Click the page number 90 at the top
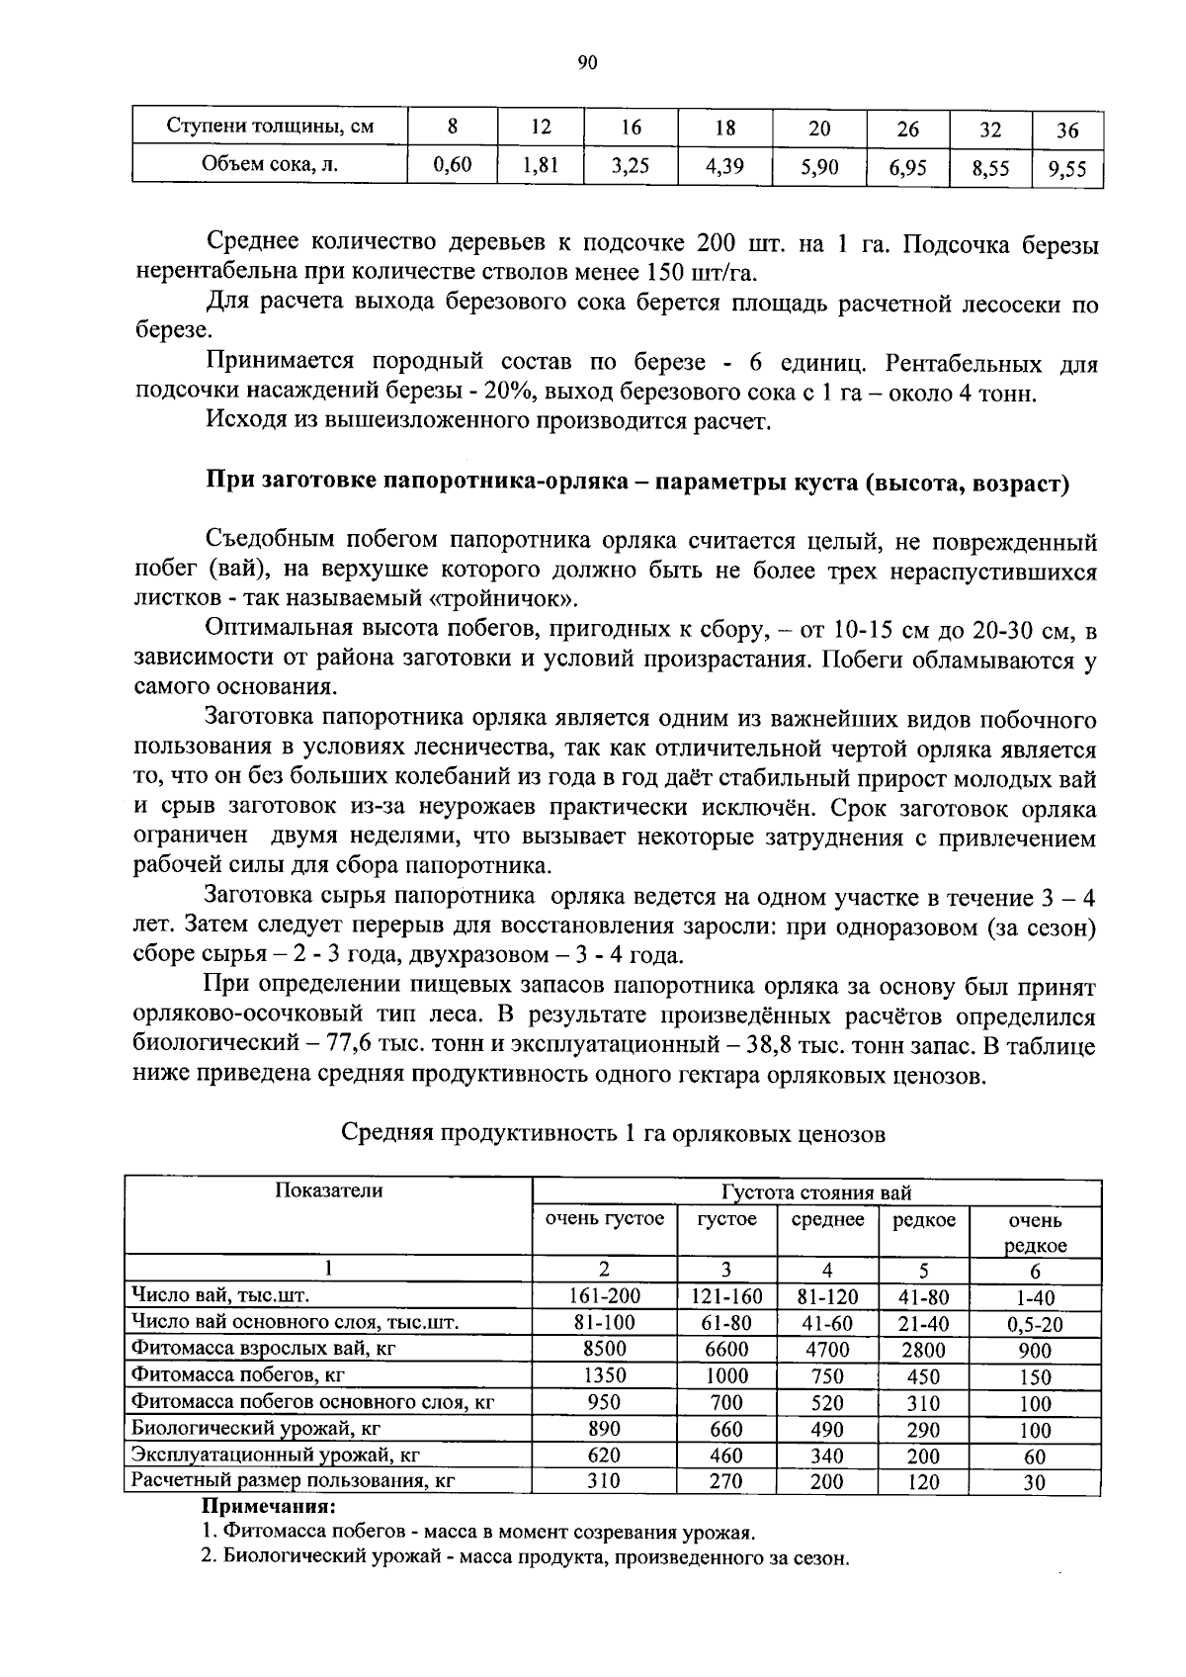[587, 63]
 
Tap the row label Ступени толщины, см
[270, 128]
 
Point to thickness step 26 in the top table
[907, 130]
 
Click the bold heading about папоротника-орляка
[637, 484]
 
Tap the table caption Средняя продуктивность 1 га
[613, 1133]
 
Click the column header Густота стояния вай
[816, 1193]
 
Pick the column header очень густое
[604, 1219]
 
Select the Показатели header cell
[328, 1192]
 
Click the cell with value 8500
[604, 1349]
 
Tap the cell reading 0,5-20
[1034, 1324]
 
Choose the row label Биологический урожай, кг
[256, 1428]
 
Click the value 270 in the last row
[726, 1481]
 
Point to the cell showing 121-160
[726, 1296]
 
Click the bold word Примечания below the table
[269, 1506]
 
